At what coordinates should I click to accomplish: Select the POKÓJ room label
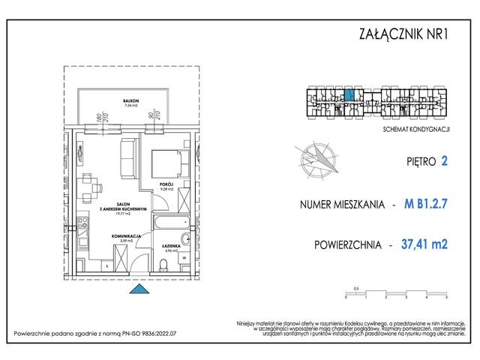[166, 183]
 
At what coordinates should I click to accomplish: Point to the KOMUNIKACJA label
[127, 235]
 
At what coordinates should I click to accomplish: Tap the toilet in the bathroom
[163, 263]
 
